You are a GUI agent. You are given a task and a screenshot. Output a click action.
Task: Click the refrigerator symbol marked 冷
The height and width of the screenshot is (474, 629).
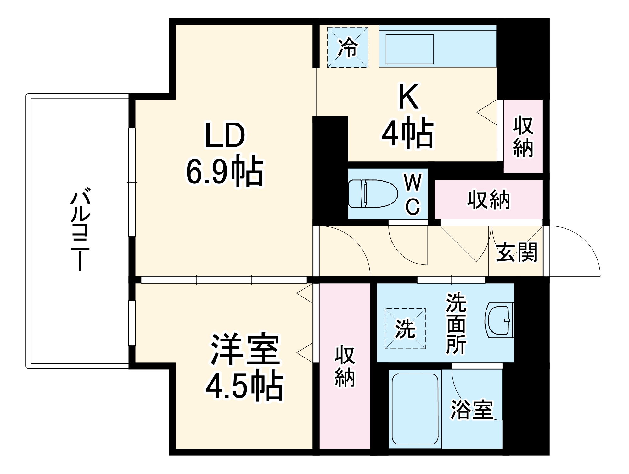coord(347,47)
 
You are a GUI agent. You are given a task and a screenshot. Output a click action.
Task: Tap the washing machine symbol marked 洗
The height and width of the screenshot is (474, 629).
coord(405,329)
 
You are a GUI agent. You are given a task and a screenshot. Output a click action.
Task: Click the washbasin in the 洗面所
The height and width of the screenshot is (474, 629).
coord(500,320)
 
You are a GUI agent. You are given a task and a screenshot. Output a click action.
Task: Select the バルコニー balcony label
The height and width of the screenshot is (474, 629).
coord(81,229)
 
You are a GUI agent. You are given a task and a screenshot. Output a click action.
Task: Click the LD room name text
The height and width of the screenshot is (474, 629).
coord(225,136)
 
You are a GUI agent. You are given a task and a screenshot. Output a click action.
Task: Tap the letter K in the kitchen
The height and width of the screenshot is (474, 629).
coord(409,97)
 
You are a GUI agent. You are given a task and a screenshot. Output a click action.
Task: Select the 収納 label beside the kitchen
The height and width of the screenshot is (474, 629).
coord(523,137)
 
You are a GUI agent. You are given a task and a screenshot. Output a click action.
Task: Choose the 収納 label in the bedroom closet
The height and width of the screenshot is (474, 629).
coord(345,366)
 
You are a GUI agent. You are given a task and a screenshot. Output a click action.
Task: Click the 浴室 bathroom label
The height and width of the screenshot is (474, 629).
coord(472,410)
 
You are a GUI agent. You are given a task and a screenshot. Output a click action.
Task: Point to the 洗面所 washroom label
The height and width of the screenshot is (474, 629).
coord(456,324)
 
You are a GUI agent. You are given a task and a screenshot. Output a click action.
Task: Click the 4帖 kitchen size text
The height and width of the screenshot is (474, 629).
coord(408,133)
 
